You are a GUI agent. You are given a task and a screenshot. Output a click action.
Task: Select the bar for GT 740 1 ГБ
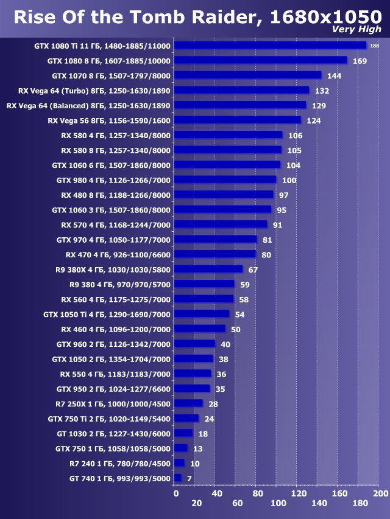tap(177, 478)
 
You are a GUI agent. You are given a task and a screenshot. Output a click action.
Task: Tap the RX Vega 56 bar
tap(237, 120)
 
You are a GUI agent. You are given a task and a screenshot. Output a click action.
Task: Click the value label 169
tap(360, 61)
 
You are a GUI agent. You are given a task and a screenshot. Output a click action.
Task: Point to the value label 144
tap(334, 76)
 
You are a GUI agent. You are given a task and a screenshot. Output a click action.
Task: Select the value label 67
tap(253, 270)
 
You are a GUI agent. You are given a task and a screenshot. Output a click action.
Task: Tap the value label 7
tap(190, 479)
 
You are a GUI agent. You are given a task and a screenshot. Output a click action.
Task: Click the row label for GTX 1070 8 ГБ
tap(111, 76)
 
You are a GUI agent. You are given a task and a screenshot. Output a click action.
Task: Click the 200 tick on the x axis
tap(380, 493)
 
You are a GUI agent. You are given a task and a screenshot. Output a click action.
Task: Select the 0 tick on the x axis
tap(175, 493)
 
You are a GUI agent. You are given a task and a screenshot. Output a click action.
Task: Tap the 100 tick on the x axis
tap(278, 503)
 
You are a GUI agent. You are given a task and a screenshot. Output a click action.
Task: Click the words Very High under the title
tap(357, 30)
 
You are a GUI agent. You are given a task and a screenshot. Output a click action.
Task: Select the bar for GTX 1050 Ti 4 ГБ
tap(202, 314)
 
